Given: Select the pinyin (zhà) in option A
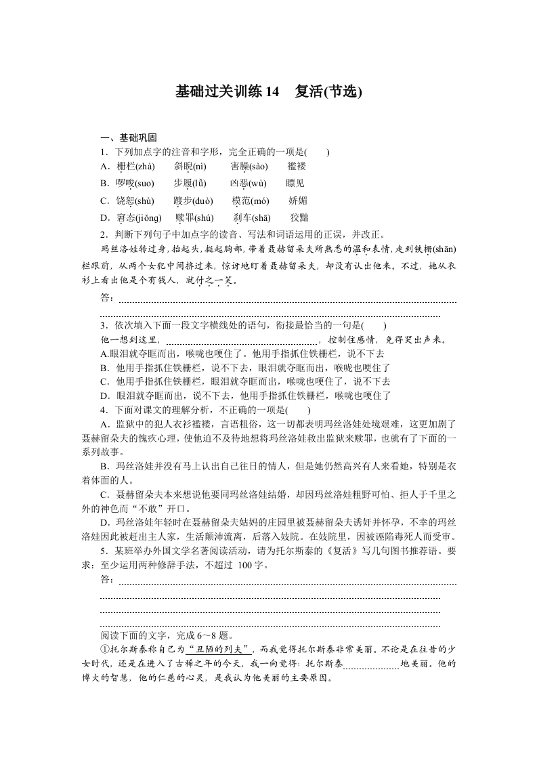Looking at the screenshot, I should [142, 167].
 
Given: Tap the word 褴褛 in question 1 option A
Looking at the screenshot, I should [297, 167].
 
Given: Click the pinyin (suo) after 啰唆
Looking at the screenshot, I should [144, 184].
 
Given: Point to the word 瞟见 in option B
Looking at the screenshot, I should [296, 184].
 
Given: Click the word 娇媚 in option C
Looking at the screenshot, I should [298, 201].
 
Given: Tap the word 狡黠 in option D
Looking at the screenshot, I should [299, 218].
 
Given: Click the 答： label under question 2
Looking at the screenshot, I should [108, 299].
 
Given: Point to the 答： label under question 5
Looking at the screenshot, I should [108, 580].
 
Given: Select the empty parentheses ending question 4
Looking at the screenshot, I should [298, 410].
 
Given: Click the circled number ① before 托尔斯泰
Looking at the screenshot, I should [104, 649].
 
